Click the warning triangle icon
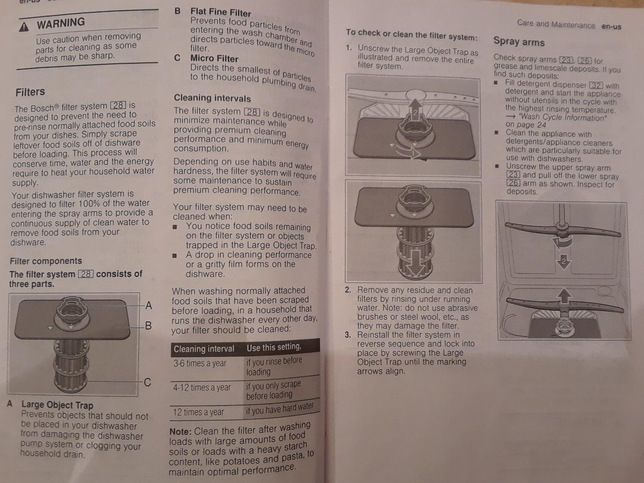24,27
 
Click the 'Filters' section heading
30,92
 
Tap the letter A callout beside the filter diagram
149,305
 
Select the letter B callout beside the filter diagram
148,326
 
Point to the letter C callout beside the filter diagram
148,382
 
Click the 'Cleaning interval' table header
204,349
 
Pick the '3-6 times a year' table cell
200,363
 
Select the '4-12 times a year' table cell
202,388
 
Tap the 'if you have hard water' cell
280,408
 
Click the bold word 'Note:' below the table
180,432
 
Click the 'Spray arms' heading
519,42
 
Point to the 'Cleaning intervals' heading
212,98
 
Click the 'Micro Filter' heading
214,58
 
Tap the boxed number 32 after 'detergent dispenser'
596,85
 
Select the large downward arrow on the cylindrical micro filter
415,264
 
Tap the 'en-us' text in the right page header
611,27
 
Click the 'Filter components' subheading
46,261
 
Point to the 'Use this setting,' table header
274,348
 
